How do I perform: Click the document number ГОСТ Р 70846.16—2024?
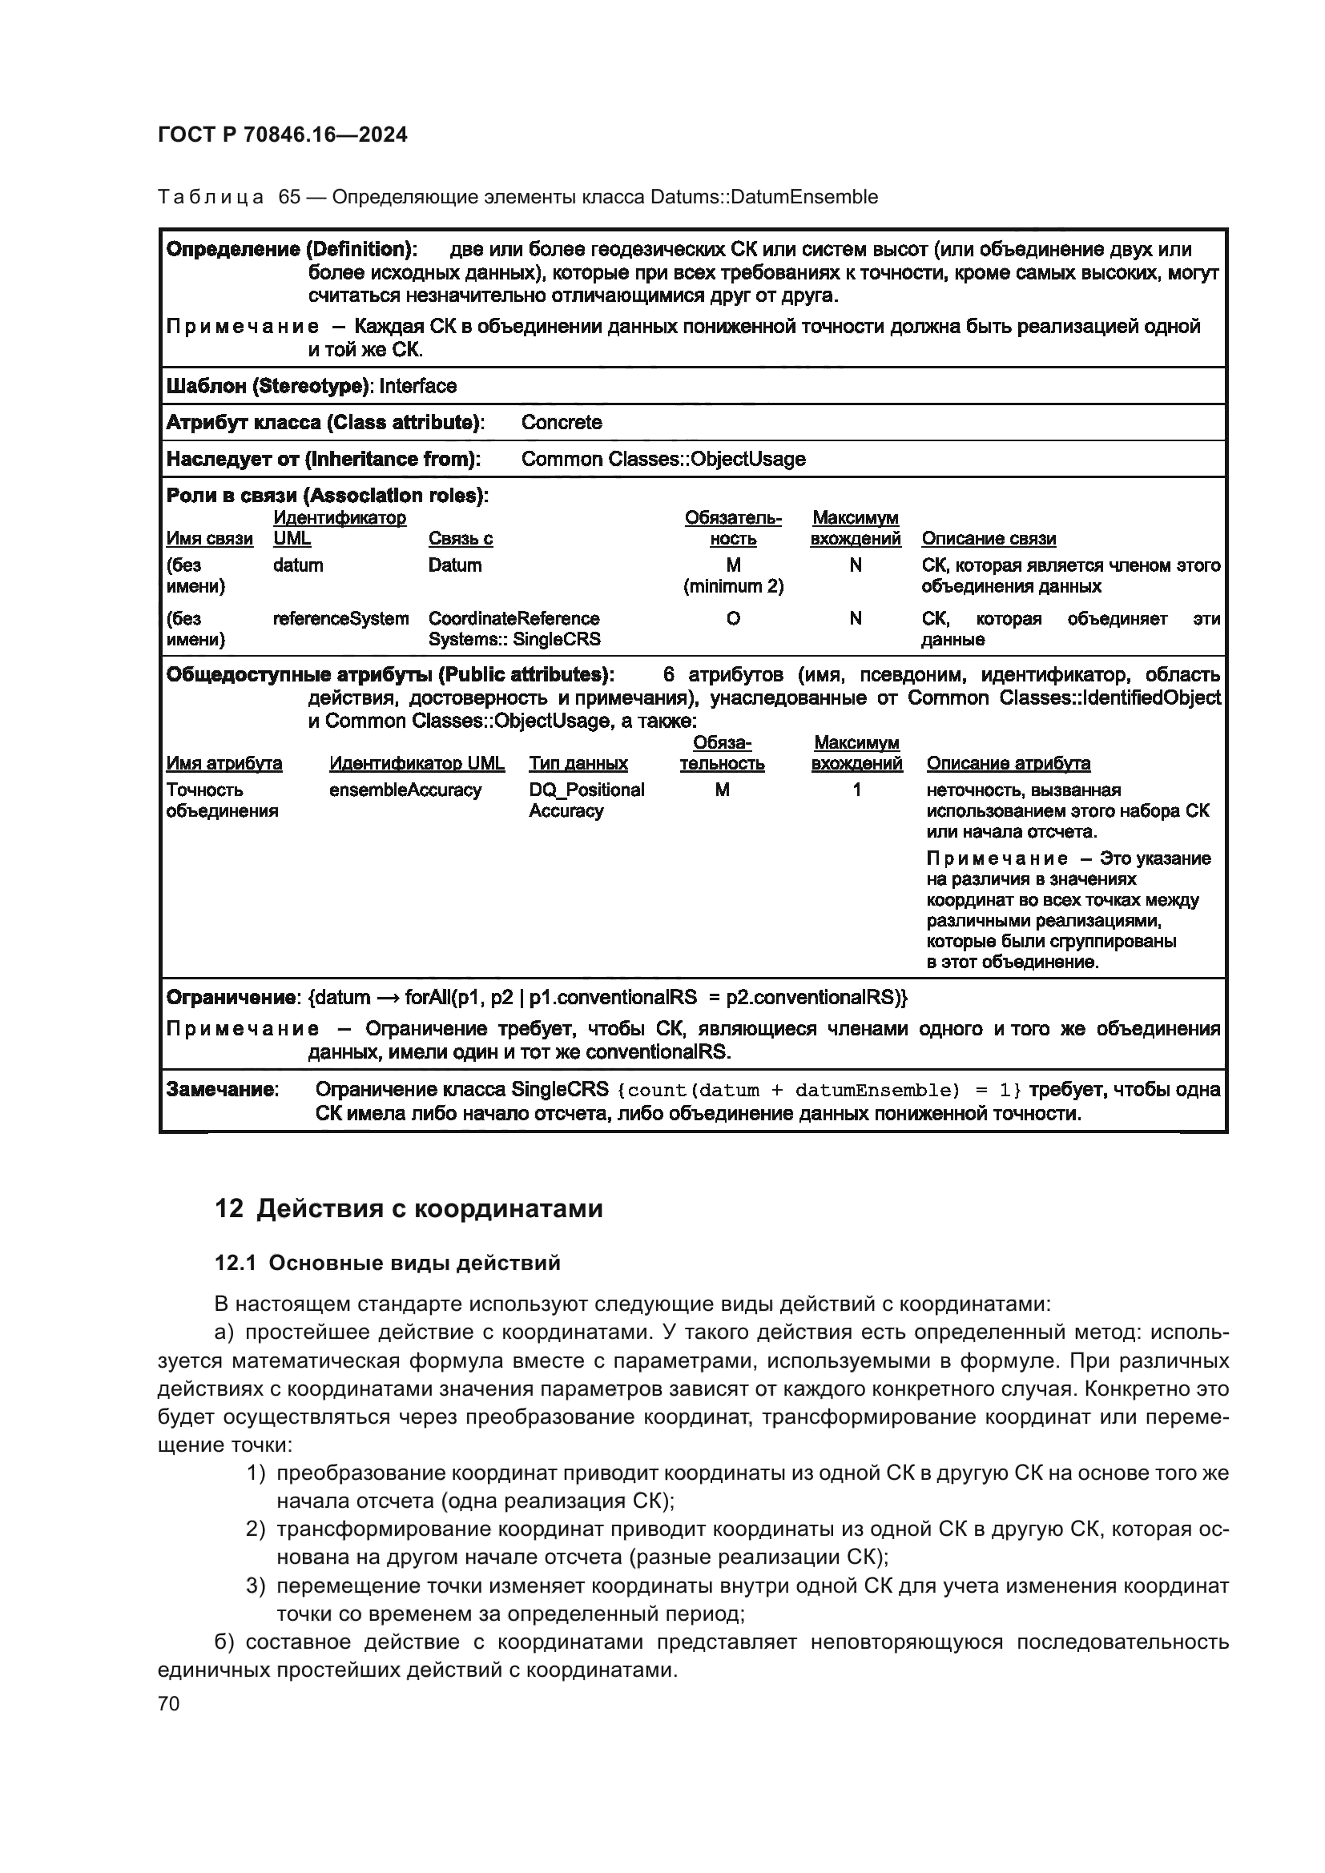tap(282, 135)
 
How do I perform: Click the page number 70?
tap(169, 1703)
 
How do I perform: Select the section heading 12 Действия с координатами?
tap(408, 1208)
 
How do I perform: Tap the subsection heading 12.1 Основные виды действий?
tap(387, 1263)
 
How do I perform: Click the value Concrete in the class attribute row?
tap(562, 423)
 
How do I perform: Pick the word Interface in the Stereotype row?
tap(417, 386)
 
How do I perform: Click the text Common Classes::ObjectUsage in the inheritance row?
tap(662, 460)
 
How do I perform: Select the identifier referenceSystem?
tap(341, 618)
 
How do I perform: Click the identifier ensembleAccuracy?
tap(405, 790)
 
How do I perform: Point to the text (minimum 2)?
tap(733, 585)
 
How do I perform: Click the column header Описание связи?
tap(988, 538)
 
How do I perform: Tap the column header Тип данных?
tap(578, 764)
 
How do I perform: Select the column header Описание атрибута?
tap(1008, 764)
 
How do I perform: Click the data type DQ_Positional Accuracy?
tap(586, 800)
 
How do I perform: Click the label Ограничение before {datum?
tap(230, 998)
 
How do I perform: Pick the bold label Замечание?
tap(221, 1090)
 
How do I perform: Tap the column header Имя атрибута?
tap(224, 764)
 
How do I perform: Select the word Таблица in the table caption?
tap(211, 198)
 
